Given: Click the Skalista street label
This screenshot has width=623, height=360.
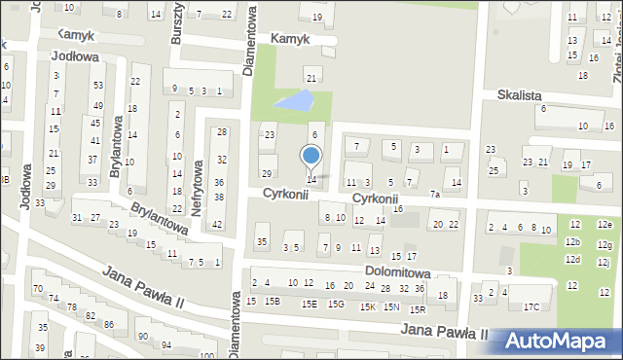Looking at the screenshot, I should [x=519, y=96].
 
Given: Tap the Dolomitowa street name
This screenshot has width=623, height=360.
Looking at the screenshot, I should [x=398, y=274].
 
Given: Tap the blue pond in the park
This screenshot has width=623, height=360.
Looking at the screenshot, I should [x=295, y=101].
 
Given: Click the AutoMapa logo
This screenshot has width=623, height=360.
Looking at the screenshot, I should [x=560, y=341].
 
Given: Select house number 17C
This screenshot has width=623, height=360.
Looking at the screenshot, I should [x=531, y=307].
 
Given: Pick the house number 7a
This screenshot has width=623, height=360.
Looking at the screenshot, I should [x=435, y=195].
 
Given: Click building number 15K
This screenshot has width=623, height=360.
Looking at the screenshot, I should [x=367, y=307].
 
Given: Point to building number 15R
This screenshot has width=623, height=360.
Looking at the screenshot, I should [x=418, y=309].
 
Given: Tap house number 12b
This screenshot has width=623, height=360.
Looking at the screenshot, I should [x=573, y=241].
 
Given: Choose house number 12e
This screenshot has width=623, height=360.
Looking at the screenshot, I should [x=605, y=225].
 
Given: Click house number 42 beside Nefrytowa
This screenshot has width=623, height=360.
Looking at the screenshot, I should [x=217, y=225].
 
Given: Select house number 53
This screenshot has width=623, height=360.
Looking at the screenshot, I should [x=97, y=86].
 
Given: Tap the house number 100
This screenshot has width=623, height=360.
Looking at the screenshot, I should [x=206, y=356].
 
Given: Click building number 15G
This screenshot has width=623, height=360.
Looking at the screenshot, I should [x=336, y=304].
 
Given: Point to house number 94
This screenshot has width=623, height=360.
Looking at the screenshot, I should [x=166, y=345].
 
